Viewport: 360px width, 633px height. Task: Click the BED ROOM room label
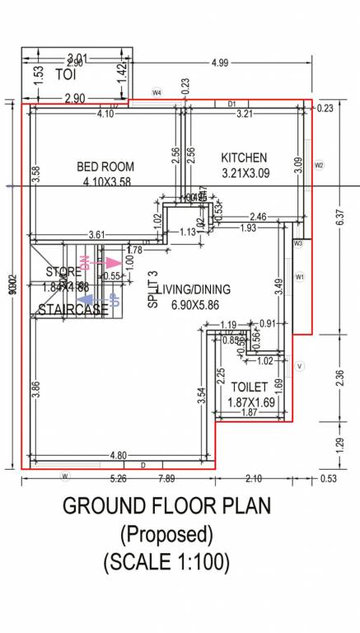(105, 166)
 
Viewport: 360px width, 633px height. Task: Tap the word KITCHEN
(244, 157)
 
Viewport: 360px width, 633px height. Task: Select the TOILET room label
(249, 387)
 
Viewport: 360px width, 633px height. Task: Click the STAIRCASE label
(72, 309)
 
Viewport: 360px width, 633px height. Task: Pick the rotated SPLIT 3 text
(152, 289)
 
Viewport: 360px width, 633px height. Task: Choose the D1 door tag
(232, 104)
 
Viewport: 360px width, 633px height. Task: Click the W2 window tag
(320, 165)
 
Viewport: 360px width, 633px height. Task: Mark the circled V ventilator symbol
(300, 365)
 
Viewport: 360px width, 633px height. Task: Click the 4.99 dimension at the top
(220, 63)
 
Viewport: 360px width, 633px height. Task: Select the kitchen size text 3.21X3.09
(246, 173)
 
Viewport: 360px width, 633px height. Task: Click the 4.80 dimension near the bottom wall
(117, 455)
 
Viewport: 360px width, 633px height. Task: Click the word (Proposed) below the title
(167, 534)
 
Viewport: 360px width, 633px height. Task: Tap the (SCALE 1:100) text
(166, 563)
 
